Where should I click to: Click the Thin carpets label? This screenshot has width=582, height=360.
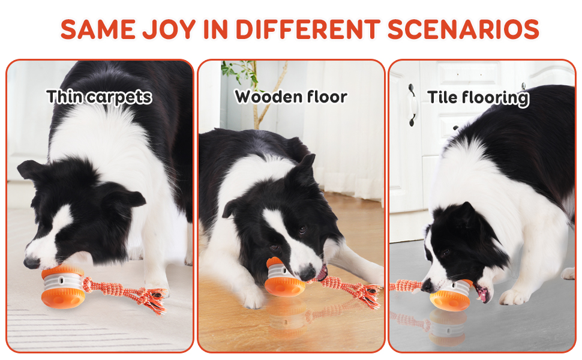(x=99, y=97)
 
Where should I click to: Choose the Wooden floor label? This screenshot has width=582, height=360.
(x=290, y=97)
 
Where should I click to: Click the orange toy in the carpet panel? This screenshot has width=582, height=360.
(x=62, y=287)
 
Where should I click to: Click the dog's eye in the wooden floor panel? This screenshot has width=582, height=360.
(x=302, y=230)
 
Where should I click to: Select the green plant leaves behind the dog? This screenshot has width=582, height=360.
(x=237, y=72)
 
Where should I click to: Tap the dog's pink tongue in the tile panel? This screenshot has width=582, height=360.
(x=482, y=294)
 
